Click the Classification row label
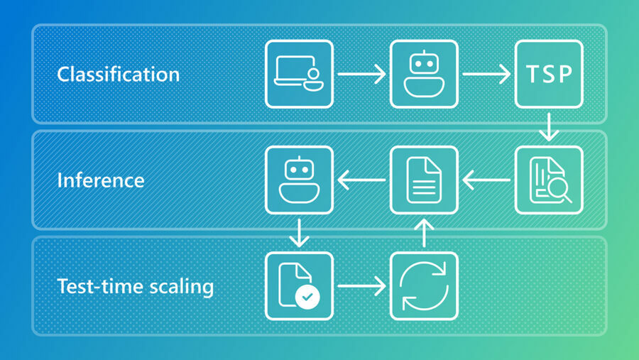coord(118,74)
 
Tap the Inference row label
coord(100,180)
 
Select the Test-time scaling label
coord(135,286)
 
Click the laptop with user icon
coord(299,74)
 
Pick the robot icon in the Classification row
coord(424,74)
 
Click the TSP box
coord(549,74)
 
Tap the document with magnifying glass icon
coord(549,180)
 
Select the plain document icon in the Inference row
coord(424,180)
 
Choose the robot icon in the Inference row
coord(299,180)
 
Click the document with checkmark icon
coord(299,286)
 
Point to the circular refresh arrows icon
coord(424,286)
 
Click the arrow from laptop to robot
coord(361,73)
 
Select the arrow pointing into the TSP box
coord(486,73)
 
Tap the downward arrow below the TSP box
coord(549,126)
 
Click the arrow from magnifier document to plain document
coord(486,180)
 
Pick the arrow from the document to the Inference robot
coord(361,180)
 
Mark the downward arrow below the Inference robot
coord(299,233)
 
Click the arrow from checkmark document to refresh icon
coord(361,286)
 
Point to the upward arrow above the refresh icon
coord(424,233)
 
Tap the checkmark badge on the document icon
coord(307,297)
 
